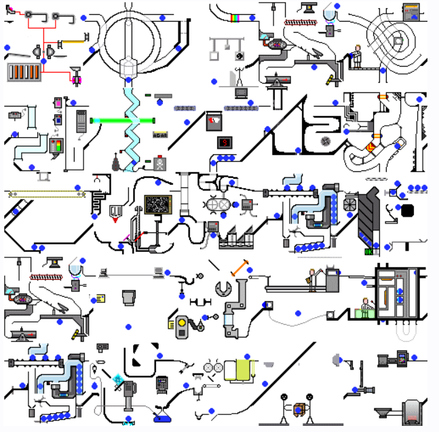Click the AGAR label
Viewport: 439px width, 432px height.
point(161,134)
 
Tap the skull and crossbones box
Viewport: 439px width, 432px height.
point(160,163)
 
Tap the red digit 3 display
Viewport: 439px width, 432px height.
point(224,143)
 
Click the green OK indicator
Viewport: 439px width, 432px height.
point(368,252)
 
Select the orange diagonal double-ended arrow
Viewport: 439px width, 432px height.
point(240,268)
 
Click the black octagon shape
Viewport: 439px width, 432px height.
point(408,210)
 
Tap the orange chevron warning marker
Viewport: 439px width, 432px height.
point(370,146)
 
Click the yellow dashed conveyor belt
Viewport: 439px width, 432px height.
point(46,194)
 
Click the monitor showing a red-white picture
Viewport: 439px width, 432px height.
point(215,122)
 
